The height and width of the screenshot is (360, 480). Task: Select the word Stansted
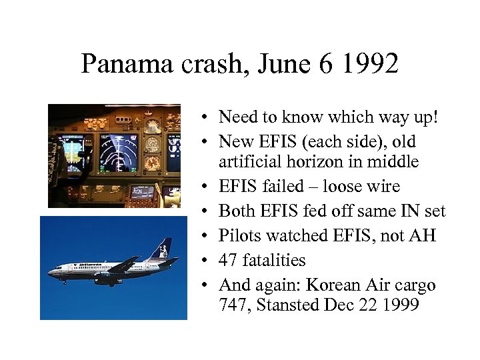pos(283,305)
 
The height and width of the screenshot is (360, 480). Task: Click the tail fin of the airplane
pos(161,249)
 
